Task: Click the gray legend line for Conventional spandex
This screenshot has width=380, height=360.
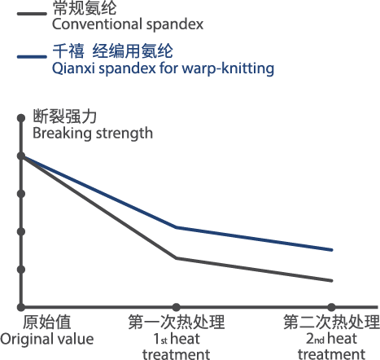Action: [32, 14]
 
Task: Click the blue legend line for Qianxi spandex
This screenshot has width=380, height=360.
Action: [32, 56]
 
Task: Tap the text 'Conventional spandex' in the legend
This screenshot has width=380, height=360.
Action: [128, 24]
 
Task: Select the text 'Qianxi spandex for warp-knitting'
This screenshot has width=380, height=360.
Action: [163, 68]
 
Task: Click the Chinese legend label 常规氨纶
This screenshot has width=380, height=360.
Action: [85, 8]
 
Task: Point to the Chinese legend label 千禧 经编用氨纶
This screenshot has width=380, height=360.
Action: [112, 50]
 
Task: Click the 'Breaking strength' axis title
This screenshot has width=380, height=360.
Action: [93, 134]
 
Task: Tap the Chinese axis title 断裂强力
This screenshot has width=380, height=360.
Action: [65, 116]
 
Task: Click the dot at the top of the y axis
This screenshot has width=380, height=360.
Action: [21, 118]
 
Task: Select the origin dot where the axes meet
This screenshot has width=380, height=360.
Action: [21, 307]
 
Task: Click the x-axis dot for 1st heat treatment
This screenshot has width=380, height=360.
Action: [177, 307]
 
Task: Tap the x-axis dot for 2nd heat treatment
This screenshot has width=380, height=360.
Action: [331, 307]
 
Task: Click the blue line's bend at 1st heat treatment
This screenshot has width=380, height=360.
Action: [177, 227]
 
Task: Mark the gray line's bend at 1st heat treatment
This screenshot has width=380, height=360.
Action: [177, 258]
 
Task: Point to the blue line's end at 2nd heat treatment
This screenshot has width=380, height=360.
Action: [331, 250]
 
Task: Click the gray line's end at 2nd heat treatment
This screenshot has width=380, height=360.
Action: [331, 280]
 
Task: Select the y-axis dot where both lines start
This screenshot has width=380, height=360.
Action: [21, 156]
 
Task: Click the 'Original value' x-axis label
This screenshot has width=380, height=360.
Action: [47, 340]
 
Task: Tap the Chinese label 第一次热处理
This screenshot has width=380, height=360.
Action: [177, 323]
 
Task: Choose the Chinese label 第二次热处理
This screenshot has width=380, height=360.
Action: [331, 323]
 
